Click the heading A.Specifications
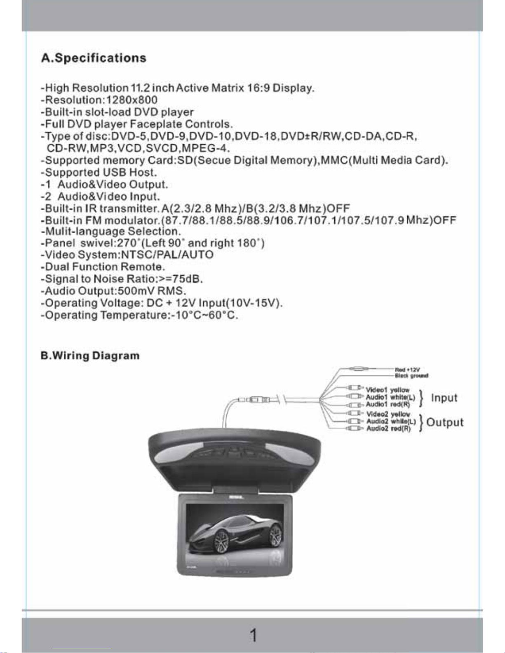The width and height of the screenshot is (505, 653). coord(94,58)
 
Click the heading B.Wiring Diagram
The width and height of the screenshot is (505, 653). coord(90,356)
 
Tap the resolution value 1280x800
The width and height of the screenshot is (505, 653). coord(132,100)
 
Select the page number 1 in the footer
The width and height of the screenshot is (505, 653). coord(253,635)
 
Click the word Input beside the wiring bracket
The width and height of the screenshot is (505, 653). coord(444,398)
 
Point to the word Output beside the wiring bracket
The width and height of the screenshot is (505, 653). coord(445,422)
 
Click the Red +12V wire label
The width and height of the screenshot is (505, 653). coord(407,370)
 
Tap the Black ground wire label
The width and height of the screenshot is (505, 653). coord(411,375)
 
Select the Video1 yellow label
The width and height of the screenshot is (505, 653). coord(388,390)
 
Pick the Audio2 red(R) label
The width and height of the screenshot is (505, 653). coord(388,429)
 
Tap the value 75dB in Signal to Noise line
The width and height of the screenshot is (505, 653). coord(188,279)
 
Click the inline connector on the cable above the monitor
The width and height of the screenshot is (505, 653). coord(256,399)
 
